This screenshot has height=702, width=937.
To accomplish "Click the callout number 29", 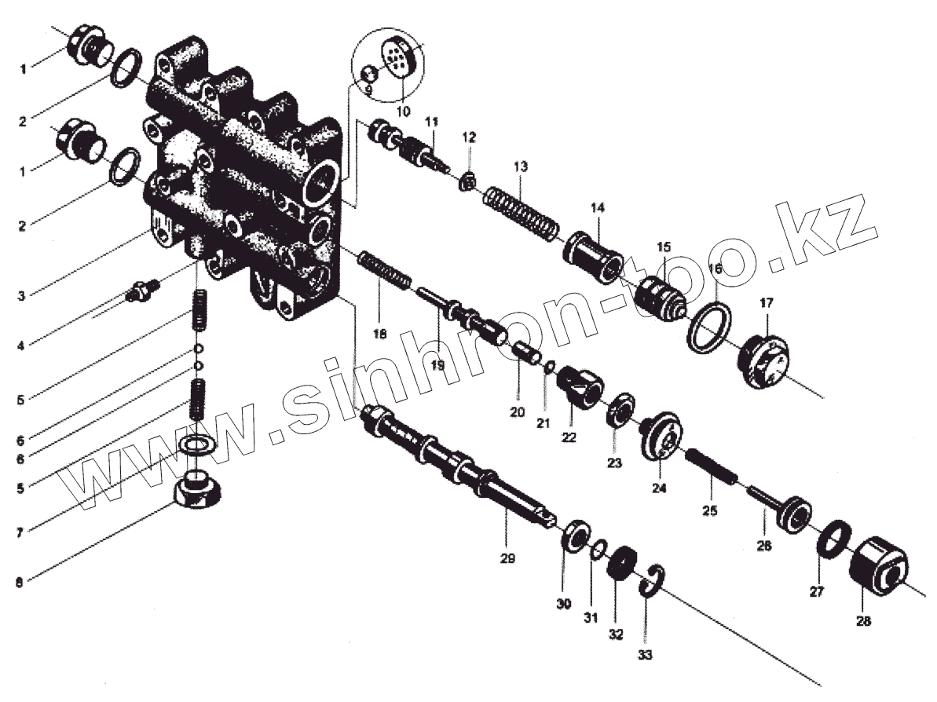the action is [x=507, y=559].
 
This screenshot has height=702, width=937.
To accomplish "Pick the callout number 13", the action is [x=521, y=167].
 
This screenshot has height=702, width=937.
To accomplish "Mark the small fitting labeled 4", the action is [x=142, y=293].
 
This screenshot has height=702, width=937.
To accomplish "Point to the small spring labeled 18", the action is [x=385, y=271].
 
